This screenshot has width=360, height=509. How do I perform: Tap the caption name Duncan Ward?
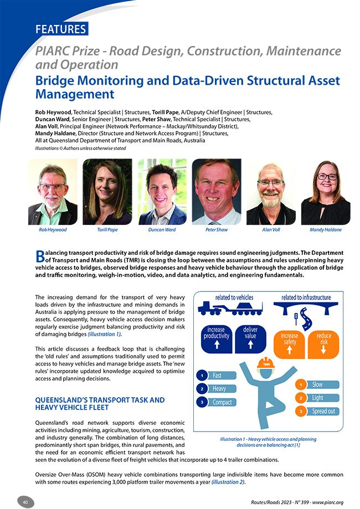[162, 229]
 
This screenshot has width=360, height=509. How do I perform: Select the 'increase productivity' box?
[217, 338]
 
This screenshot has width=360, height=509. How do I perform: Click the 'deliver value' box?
[250, 338]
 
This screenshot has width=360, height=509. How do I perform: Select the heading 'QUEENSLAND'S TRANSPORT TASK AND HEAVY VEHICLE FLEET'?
[100, 403]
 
